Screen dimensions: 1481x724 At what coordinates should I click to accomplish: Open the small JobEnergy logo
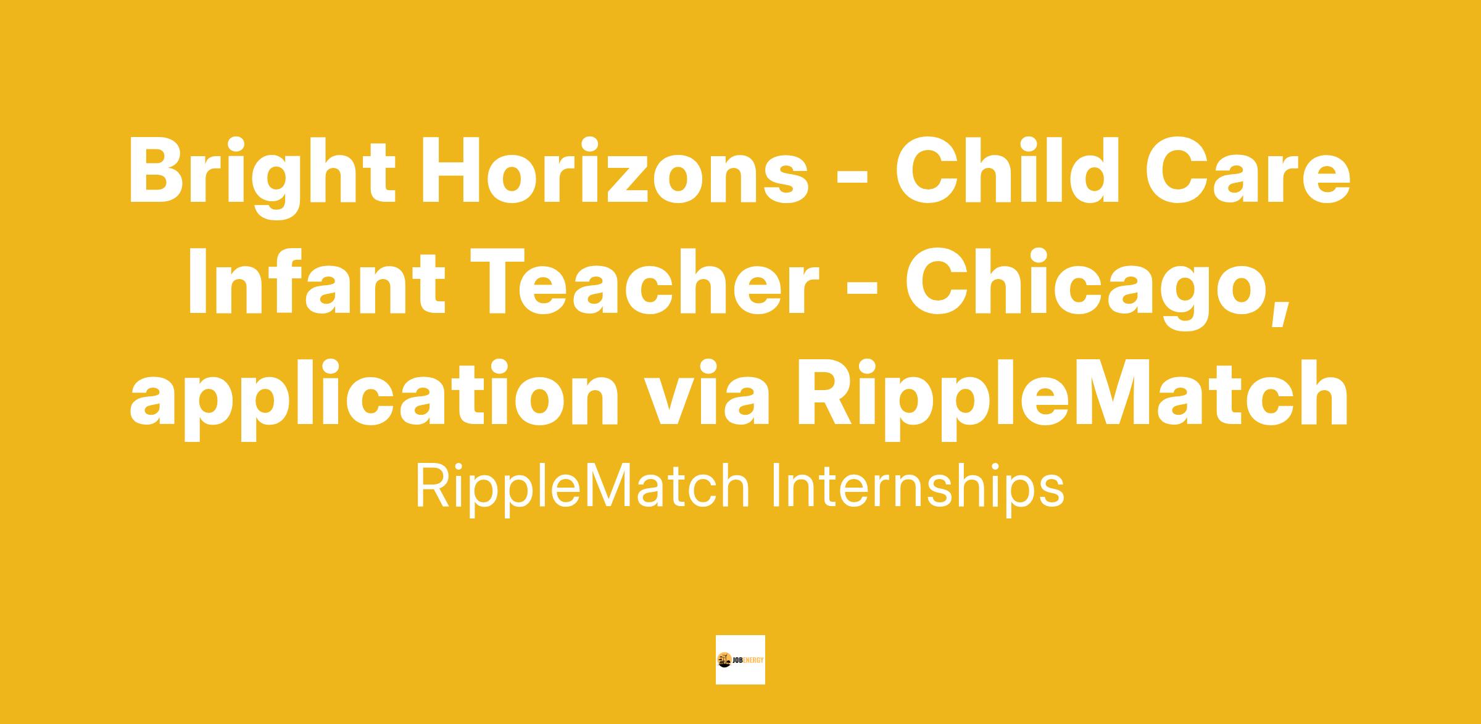(x=740, y=660)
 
